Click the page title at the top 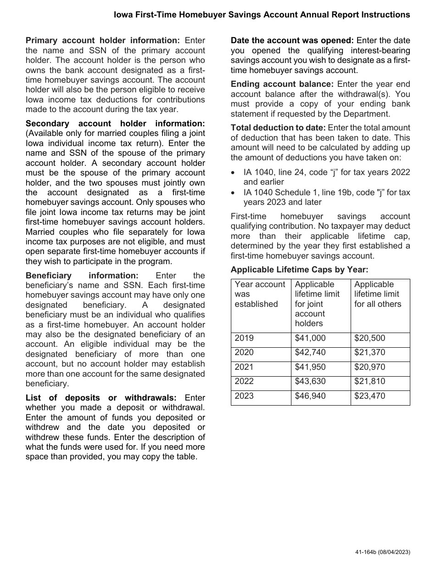262,15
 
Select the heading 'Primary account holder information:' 103,41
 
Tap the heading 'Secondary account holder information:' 115,124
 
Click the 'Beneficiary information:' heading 82,276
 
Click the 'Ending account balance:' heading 282,85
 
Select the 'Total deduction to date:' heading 278,128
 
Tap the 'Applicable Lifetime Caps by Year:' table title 299,270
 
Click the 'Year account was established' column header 260,294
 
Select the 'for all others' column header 378,294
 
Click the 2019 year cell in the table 244,339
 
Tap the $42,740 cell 310,353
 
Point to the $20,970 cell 370,367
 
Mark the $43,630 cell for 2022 310,382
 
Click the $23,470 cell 370,396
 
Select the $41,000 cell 310,339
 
